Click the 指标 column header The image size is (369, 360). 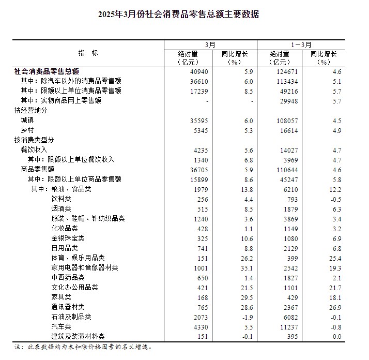pos(88,53)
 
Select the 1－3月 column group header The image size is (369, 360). pos(302,45)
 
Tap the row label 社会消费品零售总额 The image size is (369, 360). pos(47,71)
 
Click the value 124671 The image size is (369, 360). pos(287,71)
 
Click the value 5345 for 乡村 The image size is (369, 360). pos(200,130)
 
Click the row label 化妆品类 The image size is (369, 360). pos(65,229)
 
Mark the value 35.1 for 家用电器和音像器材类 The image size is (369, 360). pos(247,268)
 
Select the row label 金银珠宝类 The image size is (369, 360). pos(68,238)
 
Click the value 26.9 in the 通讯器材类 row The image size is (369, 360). pos(335,307)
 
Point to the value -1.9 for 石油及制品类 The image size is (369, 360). pos(248,317)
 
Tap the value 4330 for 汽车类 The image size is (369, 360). pos(200,327)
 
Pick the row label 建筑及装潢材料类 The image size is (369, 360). pos(78,337)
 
